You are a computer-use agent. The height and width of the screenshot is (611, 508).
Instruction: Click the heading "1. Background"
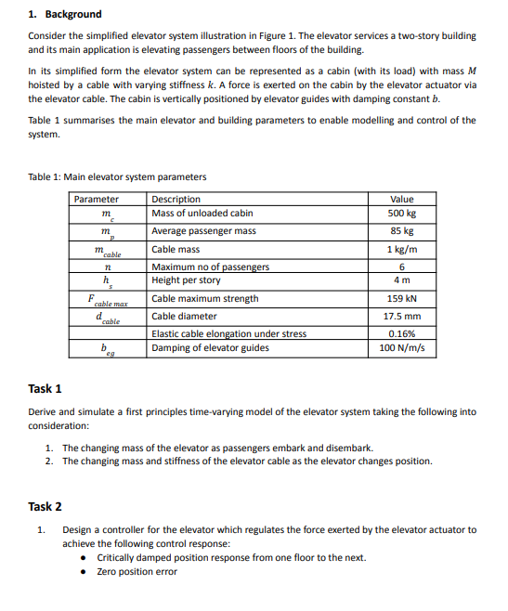coord(65,15)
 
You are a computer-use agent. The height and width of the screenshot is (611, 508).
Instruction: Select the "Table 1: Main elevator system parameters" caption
coord(117,177)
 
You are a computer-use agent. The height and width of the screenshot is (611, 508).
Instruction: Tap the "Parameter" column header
coord(97,199)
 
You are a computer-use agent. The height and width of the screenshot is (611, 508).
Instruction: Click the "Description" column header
coord(176,199)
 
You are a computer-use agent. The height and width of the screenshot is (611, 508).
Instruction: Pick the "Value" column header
coord(402,199)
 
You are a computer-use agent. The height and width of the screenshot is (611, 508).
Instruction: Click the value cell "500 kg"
coord(402,214)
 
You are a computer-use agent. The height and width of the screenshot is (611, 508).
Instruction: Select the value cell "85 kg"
coord(402,231)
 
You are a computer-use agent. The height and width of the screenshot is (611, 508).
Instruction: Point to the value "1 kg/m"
coord(402,250)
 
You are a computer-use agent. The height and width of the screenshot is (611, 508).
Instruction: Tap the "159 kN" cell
coord(402,299)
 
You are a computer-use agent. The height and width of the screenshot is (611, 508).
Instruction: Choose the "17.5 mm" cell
coord(402,317)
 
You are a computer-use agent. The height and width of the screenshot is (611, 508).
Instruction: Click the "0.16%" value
coord(402,334)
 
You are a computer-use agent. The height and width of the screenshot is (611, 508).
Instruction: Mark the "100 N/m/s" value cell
coord(402,348)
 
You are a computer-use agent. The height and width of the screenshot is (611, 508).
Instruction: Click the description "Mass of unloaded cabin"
coord(202,214)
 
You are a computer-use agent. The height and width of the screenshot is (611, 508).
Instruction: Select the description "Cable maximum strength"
coord(205,299)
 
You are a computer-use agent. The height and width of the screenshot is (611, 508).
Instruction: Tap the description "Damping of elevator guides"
coord(210,348)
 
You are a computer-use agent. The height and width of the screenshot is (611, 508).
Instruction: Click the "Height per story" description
coord(186,280)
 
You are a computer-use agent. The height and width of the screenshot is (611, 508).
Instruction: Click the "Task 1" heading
coord(46,388)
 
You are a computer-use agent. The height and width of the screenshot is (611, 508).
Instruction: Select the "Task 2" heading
coord(46,506)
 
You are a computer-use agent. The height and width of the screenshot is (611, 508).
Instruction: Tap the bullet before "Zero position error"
coord(85,571)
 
